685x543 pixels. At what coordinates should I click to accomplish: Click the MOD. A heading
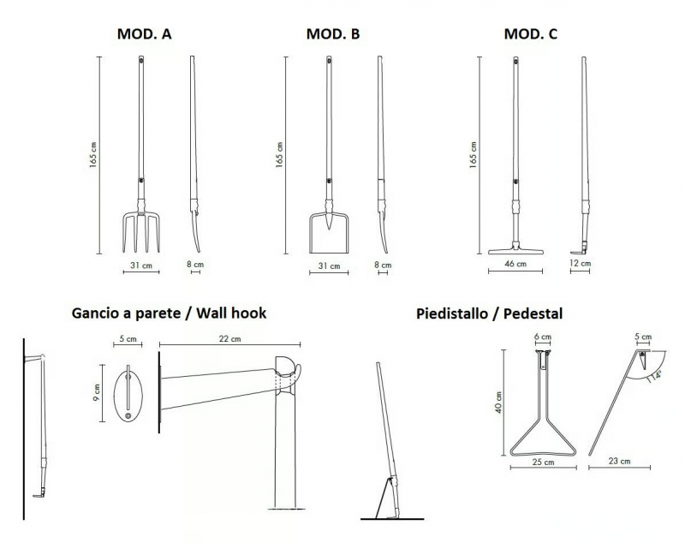click(x=144, y=34)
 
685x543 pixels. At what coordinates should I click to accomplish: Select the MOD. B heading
click(x=333, y=34)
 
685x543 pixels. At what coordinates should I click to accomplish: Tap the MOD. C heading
click(x=531, y=34)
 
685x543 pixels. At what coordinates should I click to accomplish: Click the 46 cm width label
click(x=515, y=264)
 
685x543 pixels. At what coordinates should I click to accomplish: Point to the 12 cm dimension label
click(x=581, y=264)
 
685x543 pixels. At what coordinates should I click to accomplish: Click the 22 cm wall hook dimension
click(x=229, y=338)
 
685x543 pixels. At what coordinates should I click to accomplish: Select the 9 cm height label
click(x=97, y=393)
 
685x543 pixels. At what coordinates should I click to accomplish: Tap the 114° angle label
click(x=654, y=376)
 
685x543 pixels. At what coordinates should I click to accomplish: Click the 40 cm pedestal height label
click(x=499, y=403)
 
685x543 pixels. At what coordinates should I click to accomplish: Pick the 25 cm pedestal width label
click(x=544, y=462)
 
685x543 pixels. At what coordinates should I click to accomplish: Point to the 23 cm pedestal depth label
click(x=619, y=461)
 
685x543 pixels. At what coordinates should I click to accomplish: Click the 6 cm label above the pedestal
click(x=543, y=337)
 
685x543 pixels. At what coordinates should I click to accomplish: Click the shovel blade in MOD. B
click(x=329, y=234)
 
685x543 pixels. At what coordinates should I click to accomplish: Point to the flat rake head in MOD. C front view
click(x=515, y=251)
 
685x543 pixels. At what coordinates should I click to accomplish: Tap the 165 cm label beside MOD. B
click(x=280, y=155)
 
